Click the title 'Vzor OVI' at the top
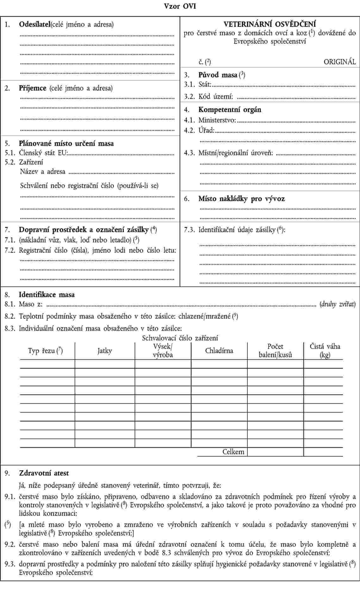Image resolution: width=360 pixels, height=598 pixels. point(180,6)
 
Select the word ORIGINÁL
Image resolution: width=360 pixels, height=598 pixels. point(339,62)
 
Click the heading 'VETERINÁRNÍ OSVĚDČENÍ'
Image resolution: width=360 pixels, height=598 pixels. point(270,24)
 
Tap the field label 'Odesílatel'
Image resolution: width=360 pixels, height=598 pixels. point(34,24)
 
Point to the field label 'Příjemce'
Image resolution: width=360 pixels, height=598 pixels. point(33,88)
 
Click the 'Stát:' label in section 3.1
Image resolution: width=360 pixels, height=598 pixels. point(205,84)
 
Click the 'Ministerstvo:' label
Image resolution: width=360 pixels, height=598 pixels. point(217,120)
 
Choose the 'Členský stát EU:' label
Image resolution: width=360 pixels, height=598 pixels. point(43,153)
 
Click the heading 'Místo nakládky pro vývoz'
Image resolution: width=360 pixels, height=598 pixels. point(241,199)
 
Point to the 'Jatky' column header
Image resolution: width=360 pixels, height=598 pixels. point(105,351)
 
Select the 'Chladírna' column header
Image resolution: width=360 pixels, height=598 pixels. point(219,351)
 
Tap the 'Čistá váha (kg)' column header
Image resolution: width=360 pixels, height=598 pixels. point(325,351)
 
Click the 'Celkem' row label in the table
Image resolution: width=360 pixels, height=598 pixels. point(233,452)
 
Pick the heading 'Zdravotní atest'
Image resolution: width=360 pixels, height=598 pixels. point(44,473)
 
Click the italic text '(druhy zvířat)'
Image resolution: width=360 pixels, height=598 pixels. point(338,304)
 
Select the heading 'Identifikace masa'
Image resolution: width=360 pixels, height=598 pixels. point(47,295)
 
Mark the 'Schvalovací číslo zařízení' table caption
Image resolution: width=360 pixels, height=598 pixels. point(180,338)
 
